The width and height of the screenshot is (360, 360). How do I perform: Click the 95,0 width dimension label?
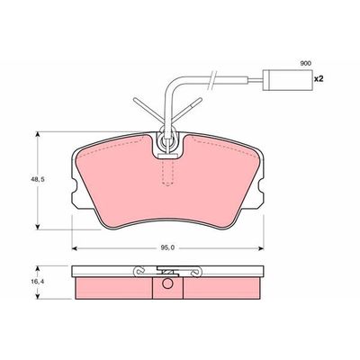point(167,247)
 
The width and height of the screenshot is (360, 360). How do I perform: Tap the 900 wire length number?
point(306,63)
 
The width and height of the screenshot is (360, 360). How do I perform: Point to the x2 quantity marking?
point(319,79)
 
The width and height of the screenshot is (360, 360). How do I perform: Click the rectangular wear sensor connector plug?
point(287,80)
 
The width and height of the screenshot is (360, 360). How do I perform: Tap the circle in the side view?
point(167,283)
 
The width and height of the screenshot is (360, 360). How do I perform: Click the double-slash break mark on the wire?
point(212,80)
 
